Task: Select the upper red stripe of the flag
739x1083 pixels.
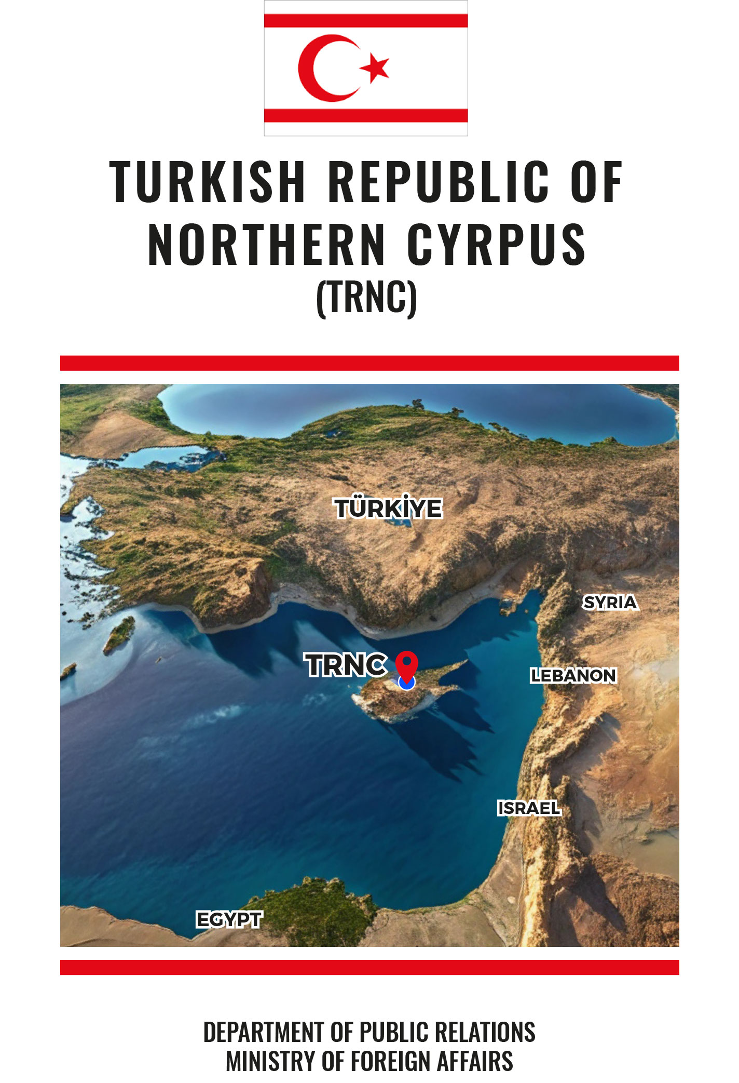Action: tap(366, 21)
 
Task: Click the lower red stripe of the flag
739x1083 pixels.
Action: tap(366, 115)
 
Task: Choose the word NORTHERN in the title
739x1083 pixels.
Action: tap(267, 244)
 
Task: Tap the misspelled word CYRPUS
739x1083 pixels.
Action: tap(497, 244)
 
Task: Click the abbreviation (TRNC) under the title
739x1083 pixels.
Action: tap(366, 298)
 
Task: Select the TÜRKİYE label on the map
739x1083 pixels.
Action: tap(388, 508)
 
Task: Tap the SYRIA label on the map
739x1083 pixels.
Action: tap(610, 603)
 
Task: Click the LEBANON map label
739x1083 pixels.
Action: tap(573, 675)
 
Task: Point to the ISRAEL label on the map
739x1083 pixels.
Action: tap(529, 808)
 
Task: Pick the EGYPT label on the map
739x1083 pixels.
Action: tap(229, 920)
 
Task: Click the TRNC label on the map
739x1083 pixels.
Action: tap(346, 665)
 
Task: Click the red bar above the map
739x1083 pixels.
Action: tap(369, 363)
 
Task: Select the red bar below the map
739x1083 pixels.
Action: tap(369, 967)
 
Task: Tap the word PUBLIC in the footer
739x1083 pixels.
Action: tap(394, 1032)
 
